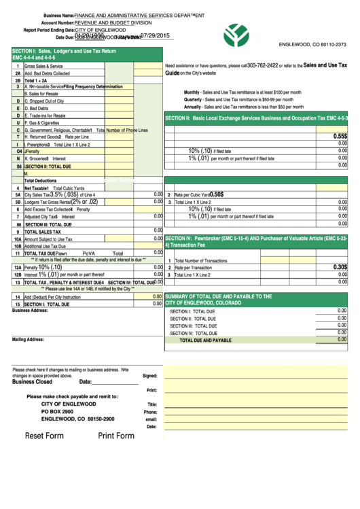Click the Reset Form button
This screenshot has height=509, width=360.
coord(44,436)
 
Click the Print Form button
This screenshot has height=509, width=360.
coord(116,436)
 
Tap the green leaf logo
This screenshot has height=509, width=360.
coord(236,34)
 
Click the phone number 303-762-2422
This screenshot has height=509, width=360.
coord(263,66)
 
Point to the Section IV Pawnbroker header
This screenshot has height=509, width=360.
coord(256,242)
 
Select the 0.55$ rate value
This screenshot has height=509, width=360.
coord(340,136)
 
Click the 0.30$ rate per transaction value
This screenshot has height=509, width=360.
coord(340,267)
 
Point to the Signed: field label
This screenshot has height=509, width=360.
coord(150,375)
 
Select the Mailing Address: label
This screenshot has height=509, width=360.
coord(28,339)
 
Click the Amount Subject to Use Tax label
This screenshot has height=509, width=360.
coord(48,239)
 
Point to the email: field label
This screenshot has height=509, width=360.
coord(151,419)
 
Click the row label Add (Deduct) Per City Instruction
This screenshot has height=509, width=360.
coord(52,297)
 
